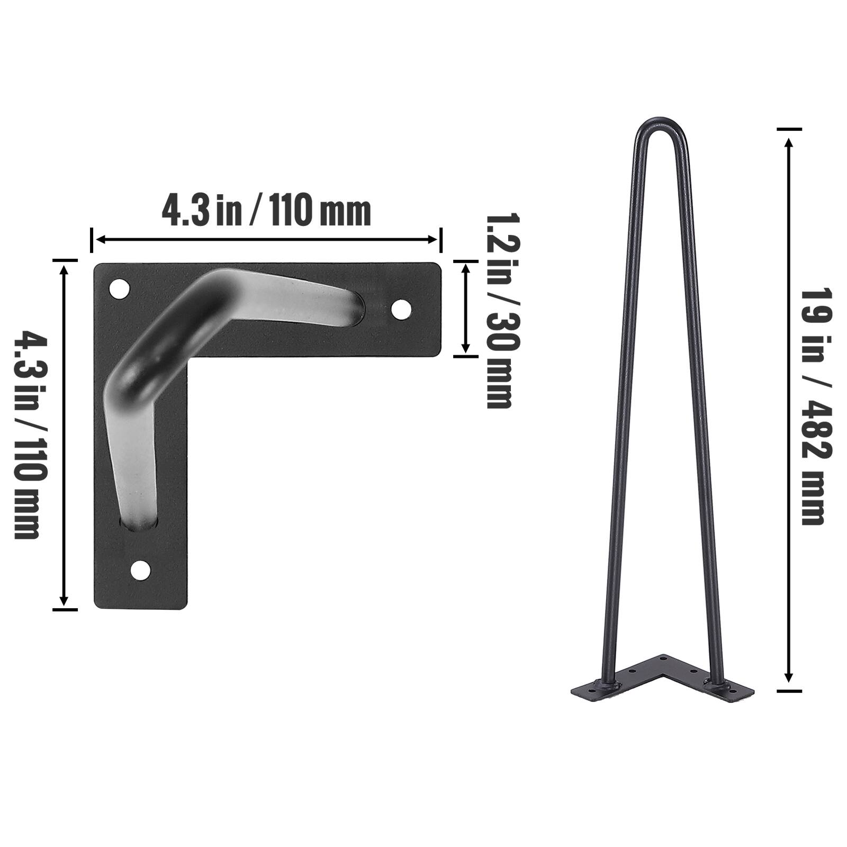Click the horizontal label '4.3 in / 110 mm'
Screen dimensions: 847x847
tap(266, 211)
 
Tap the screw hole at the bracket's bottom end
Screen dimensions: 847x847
tap(140, 570)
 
